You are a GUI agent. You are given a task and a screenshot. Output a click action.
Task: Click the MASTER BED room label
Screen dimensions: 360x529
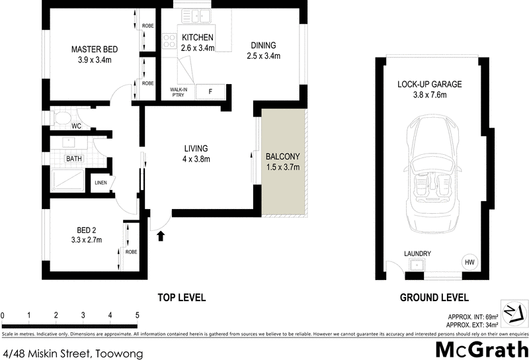click(95, 49)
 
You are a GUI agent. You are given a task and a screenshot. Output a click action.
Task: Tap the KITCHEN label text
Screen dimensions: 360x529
click(197, 37)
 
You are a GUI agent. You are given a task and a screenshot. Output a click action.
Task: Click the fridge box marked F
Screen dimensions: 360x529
click(210, 92)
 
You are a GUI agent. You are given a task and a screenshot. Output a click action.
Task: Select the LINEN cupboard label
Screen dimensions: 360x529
click(101, 183)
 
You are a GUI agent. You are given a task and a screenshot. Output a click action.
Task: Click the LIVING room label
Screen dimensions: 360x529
click(197, 148)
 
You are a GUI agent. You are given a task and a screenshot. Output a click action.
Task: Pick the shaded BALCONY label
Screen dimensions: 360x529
click(282, 156)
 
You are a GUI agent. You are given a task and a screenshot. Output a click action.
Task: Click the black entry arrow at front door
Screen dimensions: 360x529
click(160, 235)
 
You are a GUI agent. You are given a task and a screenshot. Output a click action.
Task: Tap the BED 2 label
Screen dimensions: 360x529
click(87, 230)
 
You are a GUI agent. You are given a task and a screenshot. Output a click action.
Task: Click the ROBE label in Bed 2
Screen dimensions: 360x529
click(131, 252)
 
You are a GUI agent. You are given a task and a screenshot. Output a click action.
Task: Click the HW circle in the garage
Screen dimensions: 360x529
click(469, 262)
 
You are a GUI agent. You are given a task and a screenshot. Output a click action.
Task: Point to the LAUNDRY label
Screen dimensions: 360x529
click(417, 253)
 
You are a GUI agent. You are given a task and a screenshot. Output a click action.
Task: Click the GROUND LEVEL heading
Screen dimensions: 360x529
click(434, 297)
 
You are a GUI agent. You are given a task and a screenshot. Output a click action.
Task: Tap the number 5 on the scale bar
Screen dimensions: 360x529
click(137, 315)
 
